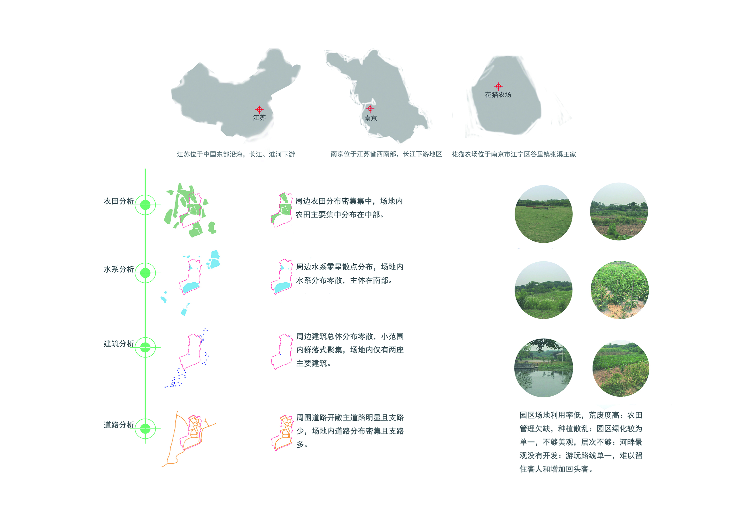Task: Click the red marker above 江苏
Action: pyautogui.click(x=259, y=109)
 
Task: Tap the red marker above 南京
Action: pyautogui.click(x=370, y=108)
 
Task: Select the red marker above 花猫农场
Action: pyautogui.click(x=498, y=86)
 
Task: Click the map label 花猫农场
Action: pyautogui.click(x=498, y=95)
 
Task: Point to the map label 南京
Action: pyautogui.click(x=371, y=118)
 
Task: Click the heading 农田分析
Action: pyautogui.click(x=119, y=201)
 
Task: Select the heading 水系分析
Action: pyautogui.click(x=119, y=269)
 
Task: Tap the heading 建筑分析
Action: pyautogui.click(x=119, y=344)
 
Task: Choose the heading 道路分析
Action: pyautogui.click(x=119, y=425)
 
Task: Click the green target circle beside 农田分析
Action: pyautogui.click(x=145, y=205)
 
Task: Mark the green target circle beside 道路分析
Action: pyautogui.click(x=145, y=429)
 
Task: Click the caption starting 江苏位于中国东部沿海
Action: pyautogui.click(x=236, y=154)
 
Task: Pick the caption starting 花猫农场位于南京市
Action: pyautogui.click(x=514, y=154)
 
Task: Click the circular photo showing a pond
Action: pyautogui.click(x=544, y=368)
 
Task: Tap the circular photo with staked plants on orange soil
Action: pyautogui.click(x=619, y=290)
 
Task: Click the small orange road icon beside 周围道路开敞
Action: pyautogui.click(x=282, y=433)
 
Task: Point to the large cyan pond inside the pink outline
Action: pyautogui.click(x=190, y=287)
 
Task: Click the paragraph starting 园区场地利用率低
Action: pyautogui.click(x=581, y=442)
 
